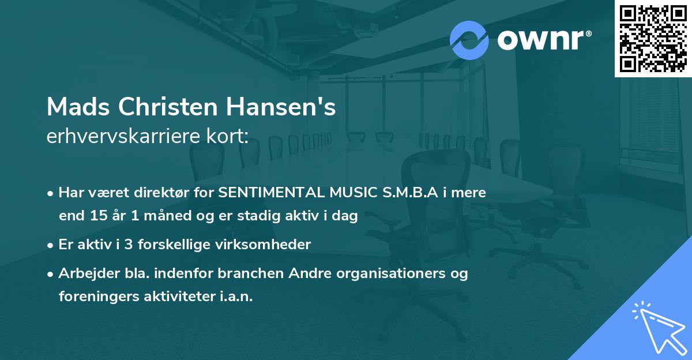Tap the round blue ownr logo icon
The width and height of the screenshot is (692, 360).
pyautogui.click(x=469, y=40)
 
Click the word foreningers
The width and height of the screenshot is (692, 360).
pyautogui.click(x=97, y=297)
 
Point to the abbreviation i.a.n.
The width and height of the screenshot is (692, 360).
pyautogui.click(x=236, y=297)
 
